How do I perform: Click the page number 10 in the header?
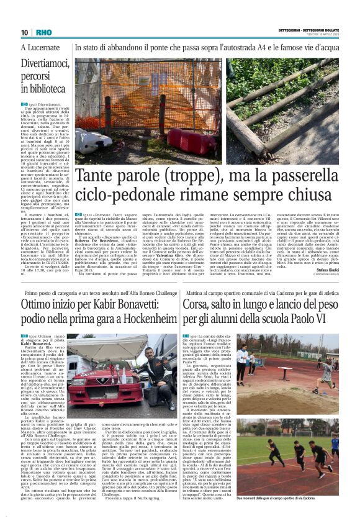(x=24, y=32)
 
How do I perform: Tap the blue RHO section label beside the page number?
(x=44, y=32)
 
